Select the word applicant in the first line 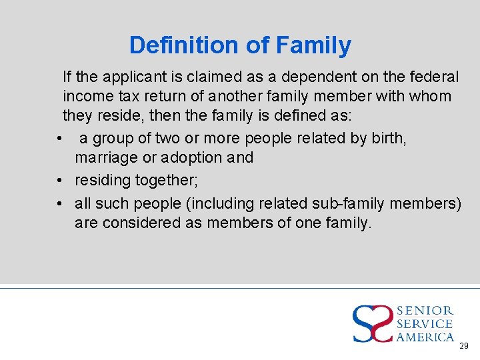(125, 77)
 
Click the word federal (431, 77)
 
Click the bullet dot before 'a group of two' (60, 139)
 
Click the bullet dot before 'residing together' (60, 181)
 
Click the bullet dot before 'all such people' (60, 203)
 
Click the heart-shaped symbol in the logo (373, 323)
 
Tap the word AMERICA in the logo (425, 337)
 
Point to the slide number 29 (464, 346)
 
